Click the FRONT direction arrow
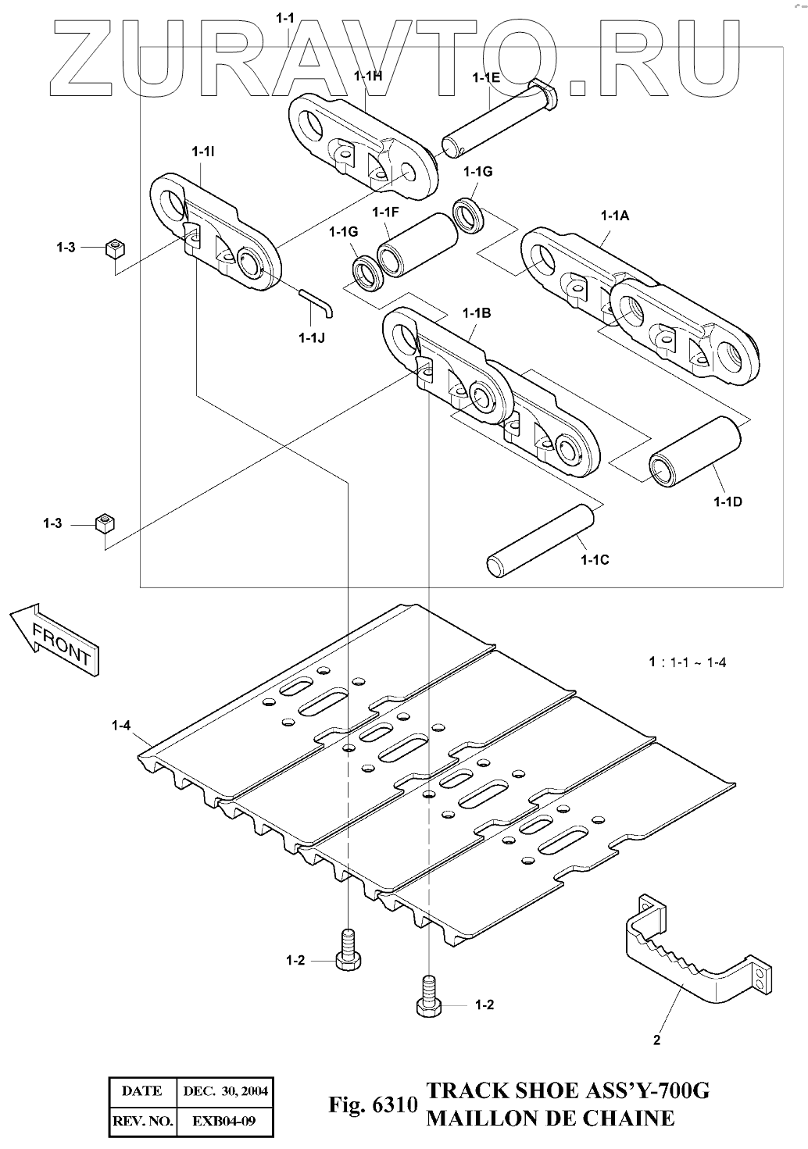pyautogui.click(x=54, y=639)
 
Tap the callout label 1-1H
pyautogui.click(x=368, y=76)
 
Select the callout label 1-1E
pyautogui.click(x=486, y=77)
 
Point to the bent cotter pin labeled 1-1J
pyautogui.click(x=316, y=302)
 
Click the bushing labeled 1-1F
pyautogui.click(x=417, y=244)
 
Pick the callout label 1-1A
pyautogui.click(x=615, y=216)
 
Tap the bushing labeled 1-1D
pyautogui.click(x=695, y=451)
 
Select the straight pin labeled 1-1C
pyautogui.click(x=541, y=541)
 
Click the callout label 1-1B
pyautogui.click(x=477, y=313)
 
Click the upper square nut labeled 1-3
pyautogui.click(x=116, y=248)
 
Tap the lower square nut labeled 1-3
pyautogui.click(x=105, y=523)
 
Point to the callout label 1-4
pyautogui.click(x=121, y=726)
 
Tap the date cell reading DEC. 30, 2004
pyautogui.click(x=225, y=1091)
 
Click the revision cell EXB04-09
pyautogui.click(x=223, y=1121)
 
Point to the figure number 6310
pyautogui.click(x=395, y=1104)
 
